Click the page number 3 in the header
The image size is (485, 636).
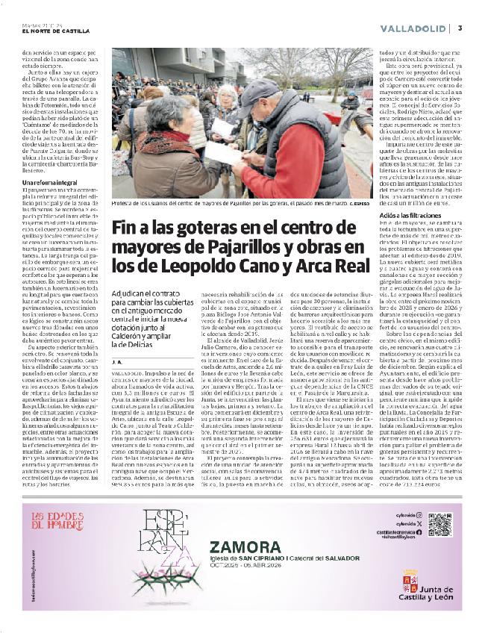pyautogui.click(x=461, y=28)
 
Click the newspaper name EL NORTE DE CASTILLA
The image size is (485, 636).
pyautogui.click(x=56, y=31)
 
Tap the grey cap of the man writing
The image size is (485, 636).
pyautogui.click(x=259, y=93)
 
